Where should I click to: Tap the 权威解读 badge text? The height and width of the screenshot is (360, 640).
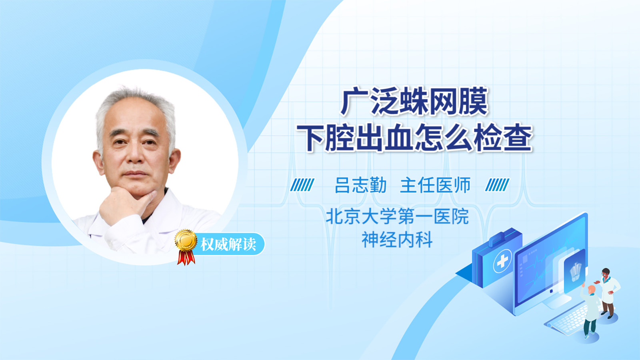pos(228,244)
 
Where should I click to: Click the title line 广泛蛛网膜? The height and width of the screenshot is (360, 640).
pos(414,102)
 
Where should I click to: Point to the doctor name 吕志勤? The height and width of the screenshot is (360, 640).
pos(360,185)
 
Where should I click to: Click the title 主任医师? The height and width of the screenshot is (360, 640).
pos(435,185)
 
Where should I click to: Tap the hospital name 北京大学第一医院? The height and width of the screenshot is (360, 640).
pos(397,216)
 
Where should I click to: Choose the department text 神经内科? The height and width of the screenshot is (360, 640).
pos(397,240)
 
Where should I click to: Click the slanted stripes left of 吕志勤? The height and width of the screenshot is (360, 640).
pos(302,185)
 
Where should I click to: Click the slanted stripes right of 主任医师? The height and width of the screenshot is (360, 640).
pos(497,185)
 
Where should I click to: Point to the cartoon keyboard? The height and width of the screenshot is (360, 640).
pos(567,320)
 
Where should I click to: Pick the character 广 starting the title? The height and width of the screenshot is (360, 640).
pos(354,102)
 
